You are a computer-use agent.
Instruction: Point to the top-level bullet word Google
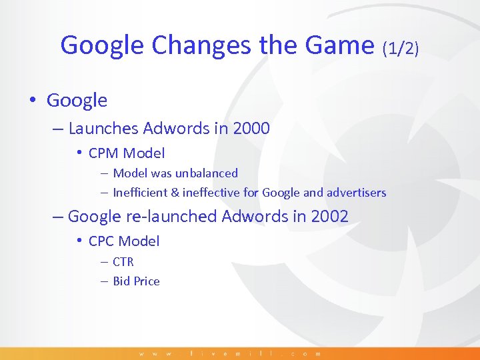[77, 101]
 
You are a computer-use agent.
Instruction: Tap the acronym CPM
[103, 153]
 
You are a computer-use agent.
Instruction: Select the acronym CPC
[103, 241]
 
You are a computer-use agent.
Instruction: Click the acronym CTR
[123, 262]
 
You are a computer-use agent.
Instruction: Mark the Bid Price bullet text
[136, 281]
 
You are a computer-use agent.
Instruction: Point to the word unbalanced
[206, 173]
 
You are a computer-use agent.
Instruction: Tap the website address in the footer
[230, 353]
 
